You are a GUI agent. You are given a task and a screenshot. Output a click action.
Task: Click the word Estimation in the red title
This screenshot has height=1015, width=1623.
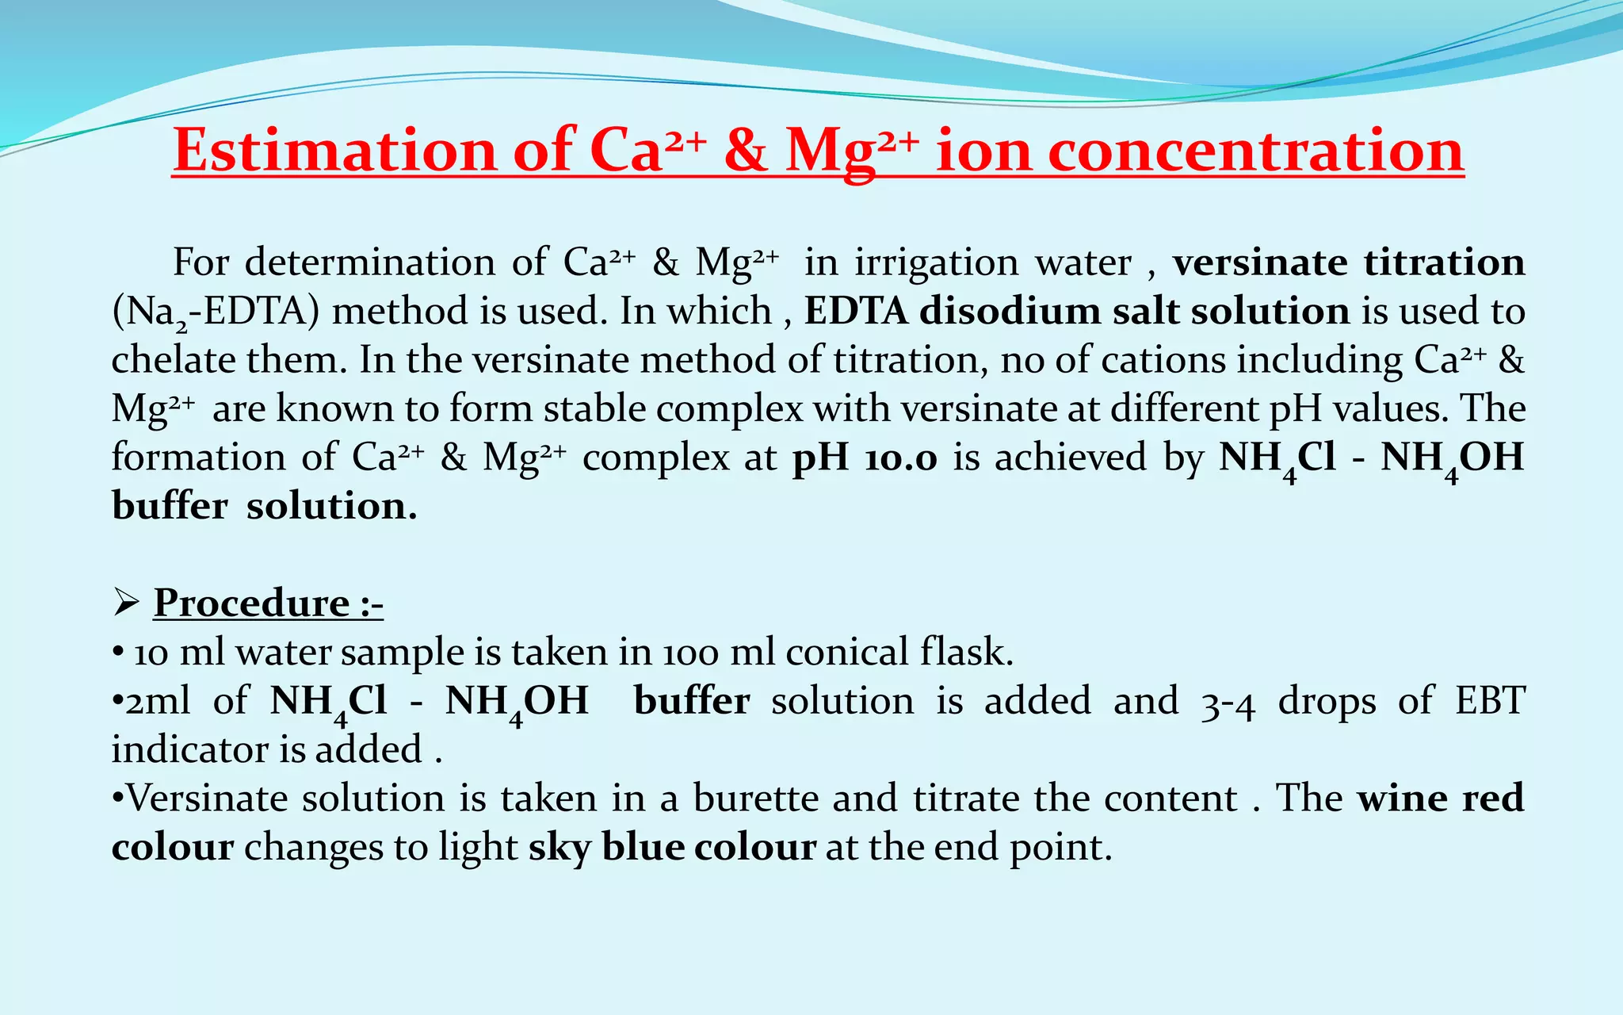click(x=334, y=151)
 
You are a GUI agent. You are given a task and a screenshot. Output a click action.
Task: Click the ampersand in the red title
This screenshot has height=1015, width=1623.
click(x=746, y=151)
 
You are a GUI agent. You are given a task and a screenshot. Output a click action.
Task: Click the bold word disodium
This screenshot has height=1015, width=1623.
click(x=1009, y=311)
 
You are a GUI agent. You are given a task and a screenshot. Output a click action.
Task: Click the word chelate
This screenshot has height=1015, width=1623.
click(x=172, y=360)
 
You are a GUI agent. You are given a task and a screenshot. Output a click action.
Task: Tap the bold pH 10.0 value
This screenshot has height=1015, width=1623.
click(x=865, y=458)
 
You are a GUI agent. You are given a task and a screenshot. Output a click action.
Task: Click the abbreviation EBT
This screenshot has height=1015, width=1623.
click(x=1489, y=701)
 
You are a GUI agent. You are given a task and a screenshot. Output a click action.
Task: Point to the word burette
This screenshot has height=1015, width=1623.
click(x=756, y=799)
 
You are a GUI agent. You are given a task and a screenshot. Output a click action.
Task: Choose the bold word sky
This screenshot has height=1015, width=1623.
click(x=559, y=848)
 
